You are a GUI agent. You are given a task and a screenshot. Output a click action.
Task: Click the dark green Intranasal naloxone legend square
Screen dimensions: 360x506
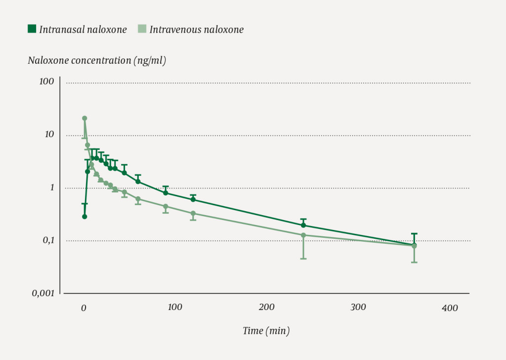pyautogui.click(x=32, y=29)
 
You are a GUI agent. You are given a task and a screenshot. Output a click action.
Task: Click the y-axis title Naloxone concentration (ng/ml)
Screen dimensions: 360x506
pyautogui.click(x=97, y=61)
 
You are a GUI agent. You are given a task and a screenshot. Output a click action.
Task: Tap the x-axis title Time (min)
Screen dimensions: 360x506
pyautogui.click(x=266, y=331)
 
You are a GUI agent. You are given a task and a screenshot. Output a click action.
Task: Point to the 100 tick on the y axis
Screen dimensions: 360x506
pyautogui.click(x=46, y=81)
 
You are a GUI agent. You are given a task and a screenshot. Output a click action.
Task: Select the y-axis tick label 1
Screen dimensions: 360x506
pyautogui.click(x=51, y=187)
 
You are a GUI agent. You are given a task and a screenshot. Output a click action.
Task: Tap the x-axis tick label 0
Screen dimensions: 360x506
pyautogui.click(x=84, y=308)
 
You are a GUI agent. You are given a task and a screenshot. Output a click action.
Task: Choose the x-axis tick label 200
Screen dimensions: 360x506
pyautogui.click(x=267, y=307)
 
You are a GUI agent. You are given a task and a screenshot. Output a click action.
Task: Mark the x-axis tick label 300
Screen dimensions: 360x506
pyautogui.click(x=358, y=307)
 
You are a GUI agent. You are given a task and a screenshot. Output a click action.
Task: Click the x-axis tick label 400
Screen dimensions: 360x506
pyautogui.click(x=450, y=308)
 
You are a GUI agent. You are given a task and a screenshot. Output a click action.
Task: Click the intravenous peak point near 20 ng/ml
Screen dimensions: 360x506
pyautogui.click(x=84, y=118)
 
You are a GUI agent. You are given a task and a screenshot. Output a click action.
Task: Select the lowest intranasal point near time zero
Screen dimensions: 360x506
pyautogui.click(x=84, y=217)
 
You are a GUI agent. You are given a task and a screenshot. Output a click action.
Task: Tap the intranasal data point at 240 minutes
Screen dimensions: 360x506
pyautogui.click(x=303, y=225)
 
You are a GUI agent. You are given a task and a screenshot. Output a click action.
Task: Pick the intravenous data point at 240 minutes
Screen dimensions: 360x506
pyautogui.click(x=303, y=235)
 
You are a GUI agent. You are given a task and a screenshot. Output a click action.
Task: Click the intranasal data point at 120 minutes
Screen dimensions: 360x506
pyautogui.click(x=193, y=199)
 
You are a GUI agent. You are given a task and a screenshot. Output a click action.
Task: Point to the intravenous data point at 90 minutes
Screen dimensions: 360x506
pyautogui.click(x=166, y=206)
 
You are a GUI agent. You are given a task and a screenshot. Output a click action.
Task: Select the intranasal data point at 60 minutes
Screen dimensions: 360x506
pyautogui.click(x=138, y=181)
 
